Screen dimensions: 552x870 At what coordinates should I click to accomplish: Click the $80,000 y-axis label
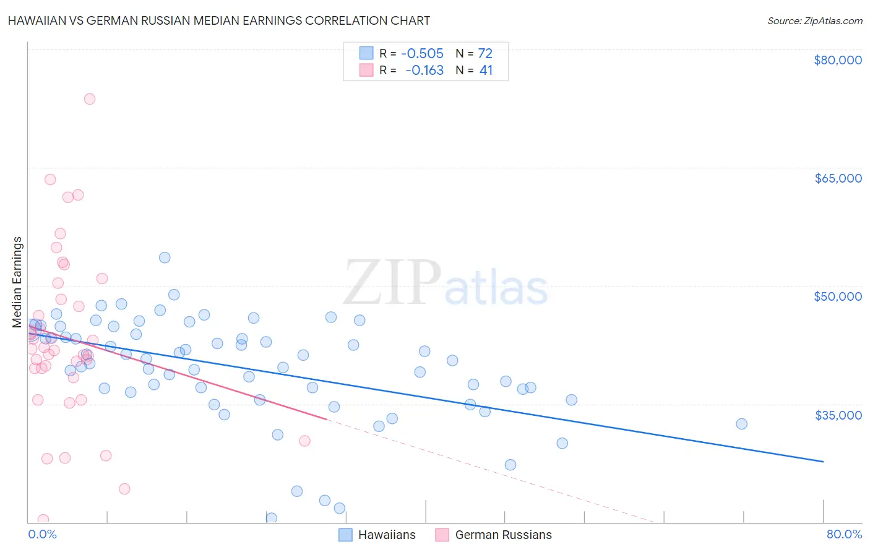[x=837, y=60]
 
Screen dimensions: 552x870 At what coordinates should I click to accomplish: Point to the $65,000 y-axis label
[x=837, y=178]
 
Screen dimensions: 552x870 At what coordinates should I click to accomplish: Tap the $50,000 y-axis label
[x=837, y=296]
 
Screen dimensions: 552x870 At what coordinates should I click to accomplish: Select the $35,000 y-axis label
[x=837, y=415]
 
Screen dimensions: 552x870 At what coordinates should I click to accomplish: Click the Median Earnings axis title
[x=17, y=282]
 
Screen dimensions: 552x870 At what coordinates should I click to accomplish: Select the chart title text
[x=218, y=20]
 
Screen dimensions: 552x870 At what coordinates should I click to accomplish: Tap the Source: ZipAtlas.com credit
[x=814, y=20]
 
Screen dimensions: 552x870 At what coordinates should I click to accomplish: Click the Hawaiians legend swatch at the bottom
[x=345, y=535]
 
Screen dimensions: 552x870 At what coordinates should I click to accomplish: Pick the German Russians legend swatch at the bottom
[x=442, y=535]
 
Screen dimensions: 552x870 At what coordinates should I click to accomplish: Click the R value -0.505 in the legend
[x=422, y=53]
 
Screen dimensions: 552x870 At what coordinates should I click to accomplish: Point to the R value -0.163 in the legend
[x=424, y=71]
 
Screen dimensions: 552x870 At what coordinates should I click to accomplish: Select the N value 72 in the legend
[x=485, y=53]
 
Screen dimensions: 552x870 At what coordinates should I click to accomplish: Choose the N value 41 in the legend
[x=486, y=71]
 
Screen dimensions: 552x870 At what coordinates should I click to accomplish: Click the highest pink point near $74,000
[x=90, y=99]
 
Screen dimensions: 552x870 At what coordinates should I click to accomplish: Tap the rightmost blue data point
[x=741, y=424]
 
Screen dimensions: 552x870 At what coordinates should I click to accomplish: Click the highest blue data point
[x=165, y=257]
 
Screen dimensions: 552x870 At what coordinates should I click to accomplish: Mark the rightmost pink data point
[x=304, y=441]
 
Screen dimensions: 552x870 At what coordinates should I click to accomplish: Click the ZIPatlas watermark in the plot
[x=446, y=283]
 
